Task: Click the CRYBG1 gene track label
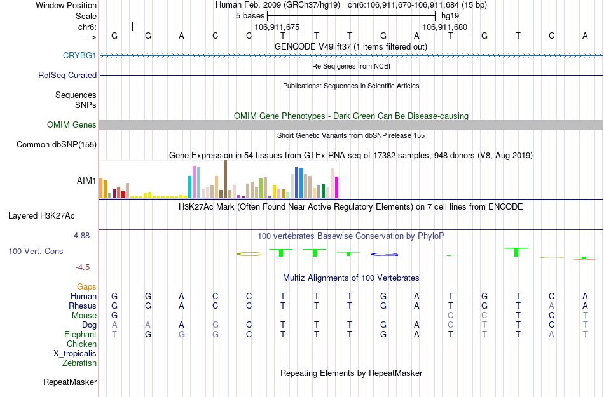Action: pos(79,55)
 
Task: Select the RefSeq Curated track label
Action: pos(67,75)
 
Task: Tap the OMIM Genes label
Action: pos(71,125)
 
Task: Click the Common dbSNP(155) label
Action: pos(56,145)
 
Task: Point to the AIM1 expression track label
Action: pos(86,180)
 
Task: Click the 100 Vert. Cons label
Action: pos(36,252)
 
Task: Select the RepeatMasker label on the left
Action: pos(70,382)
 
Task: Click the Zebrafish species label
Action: pos(79,363)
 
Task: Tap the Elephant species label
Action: pos(80,335)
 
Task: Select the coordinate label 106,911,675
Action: pos(276,27)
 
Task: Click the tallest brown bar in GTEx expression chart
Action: pos(225,179)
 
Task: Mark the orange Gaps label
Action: pos(86,287)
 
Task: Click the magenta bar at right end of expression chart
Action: pos(336,187)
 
